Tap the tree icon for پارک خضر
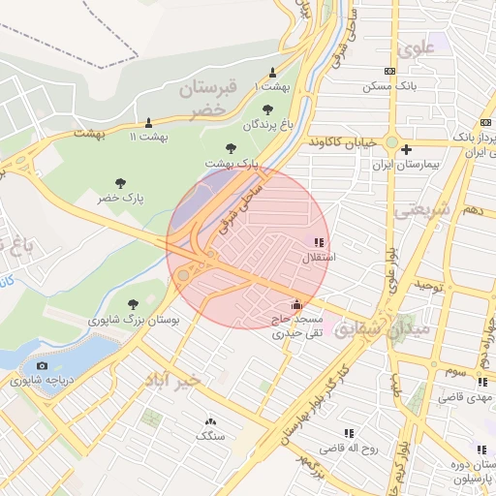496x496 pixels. click(x=120, y=182)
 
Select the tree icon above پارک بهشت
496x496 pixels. click(x=231, y=148)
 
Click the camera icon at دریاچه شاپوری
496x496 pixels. click(x=42, y=365)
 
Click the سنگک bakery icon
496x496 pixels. click(x=209, y=421)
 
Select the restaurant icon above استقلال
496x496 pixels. click(x=319, y=242)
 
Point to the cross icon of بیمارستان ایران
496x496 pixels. click(x=407, y=150)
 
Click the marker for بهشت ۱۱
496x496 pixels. click(x=148, y=122)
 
